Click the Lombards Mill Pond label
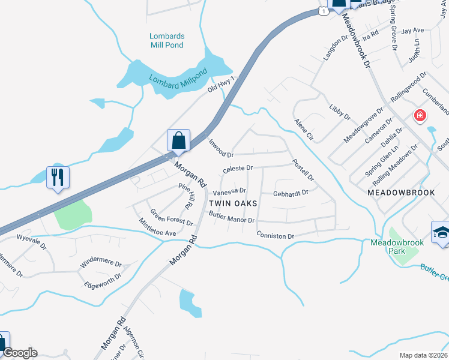point(167,40)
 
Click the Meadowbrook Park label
point(397,247)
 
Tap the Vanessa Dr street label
point(230,192)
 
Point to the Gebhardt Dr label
point(291,193)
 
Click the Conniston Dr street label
point(275,236)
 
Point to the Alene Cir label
point(304,130)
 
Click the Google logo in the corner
point(20,353)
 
